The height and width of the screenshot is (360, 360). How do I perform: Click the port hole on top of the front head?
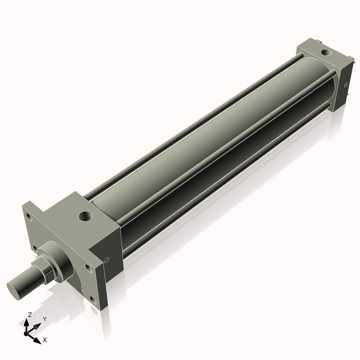(85, 214)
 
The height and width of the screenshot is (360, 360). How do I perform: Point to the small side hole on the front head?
(107, 260)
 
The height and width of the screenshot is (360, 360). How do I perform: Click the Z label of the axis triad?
(30, 314)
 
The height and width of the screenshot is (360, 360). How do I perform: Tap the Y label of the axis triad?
(44, 319)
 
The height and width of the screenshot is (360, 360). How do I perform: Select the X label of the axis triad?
(45, 340)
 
